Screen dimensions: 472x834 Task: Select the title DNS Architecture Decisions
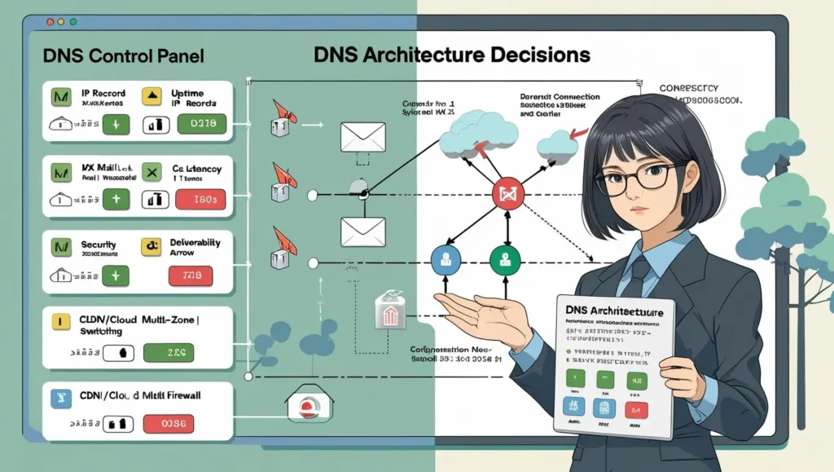[x=451, y=55]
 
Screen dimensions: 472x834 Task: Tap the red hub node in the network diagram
[x=508, y=194]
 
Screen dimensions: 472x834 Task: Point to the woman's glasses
[x=639, y=177]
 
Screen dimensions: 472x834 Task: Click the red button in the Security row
[x=190, y=276]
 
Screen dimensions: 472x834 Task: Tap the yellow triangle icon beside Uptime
[x=151, y=97]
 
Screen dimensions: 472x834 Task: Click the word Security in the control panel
[x=99, y=245]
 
